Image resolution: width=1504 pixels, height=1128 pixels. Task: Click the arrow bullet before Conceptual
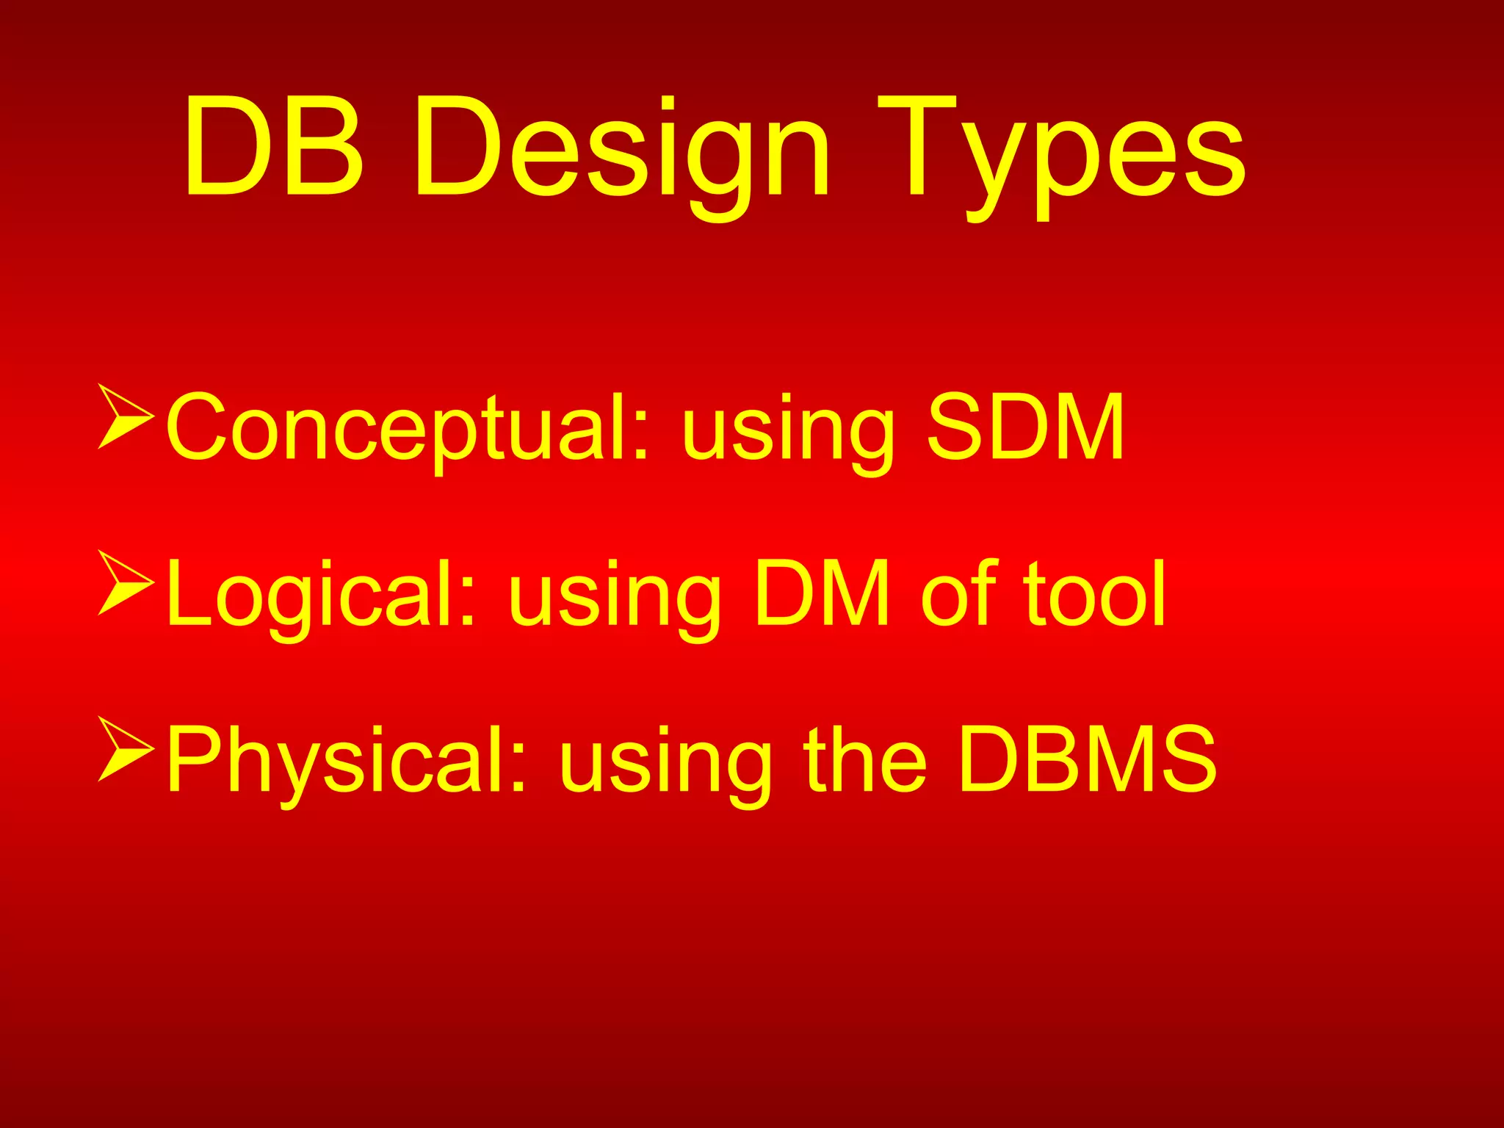pos(125,416)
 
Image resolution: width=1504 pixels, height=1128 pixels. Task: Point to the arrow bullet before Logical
pos(125,582)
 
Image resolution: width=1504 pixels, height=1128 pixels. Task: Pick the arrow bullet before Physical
pos(125,749)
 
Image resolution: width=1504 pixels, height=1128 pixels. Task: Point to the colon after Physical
pos(518,771)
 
